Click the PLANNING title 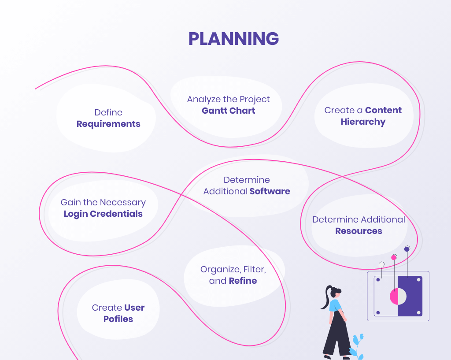click(233, 39)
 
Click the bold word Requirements click(108, 124)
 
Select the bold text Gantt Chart click(228, 111)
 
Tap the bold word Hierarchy click(363, 122)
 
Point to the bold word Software click(270, 191)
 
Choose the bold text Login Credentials click(103, 214)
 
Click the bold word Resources click(359, 231)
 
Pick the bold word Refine click(243, 281)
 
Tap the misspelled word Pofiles click(118, 319)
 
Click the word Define click(108, 112)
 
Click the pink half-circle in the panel click(394, 296)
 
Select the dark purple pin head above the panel click(407, 249)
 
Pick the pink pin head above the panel click(394, 257)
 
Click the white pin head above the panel click(382, 264)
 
